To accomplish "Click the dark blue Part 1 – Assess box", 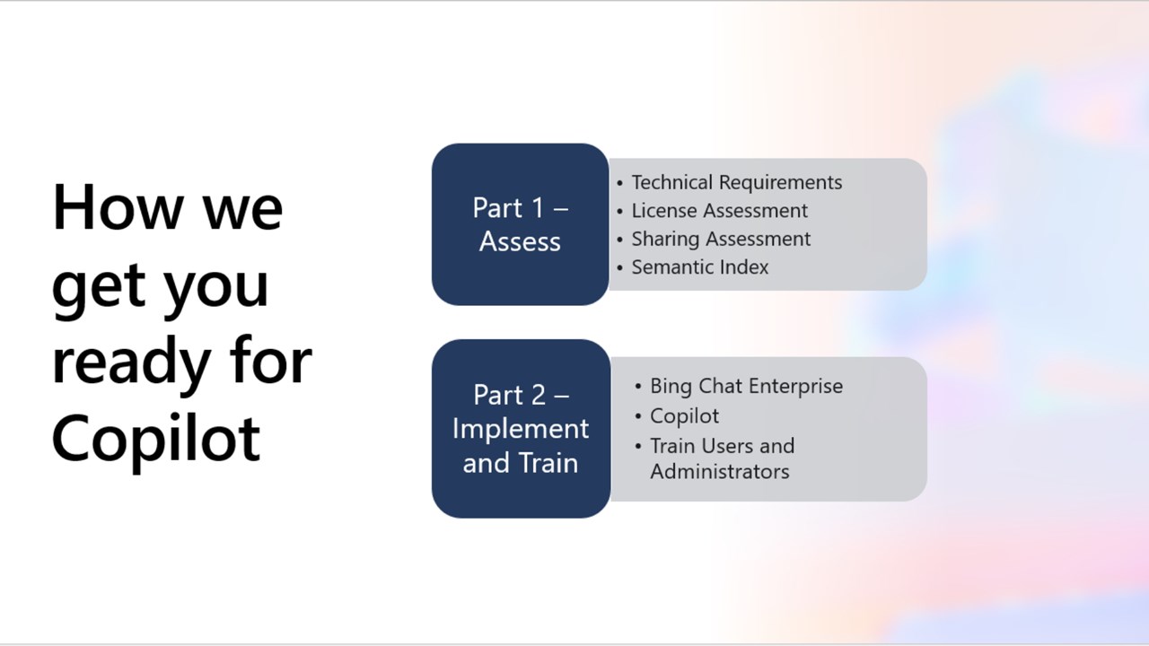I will [520, 224].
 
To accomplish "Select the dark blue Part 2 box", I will [520, 428].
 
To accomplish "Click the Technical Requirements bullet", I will [736, 182].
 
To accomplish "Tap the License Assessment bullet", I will [719, 211].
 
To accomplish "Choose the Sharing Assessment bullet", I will [721, 239].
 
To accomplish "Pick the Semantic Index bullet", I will [699, 266].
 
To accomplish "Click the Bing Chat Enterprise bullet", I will [746, 386].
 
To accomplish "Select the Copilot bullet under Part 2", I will [684, 415].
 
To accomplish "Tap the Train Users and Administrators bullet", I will [722, 458].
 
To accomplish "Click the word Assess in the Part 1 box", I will [520, 241].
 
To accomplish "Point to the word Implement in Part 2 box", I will [520, 428].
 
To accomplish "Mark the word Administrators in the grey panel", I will [719, 471].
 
